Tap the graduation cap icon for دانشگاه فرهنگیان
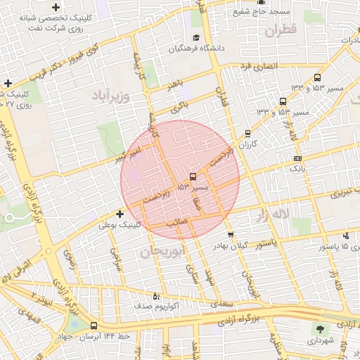coord(195,38)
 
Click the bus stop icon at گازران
coord(247,133)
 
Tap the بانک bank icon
coord(297,158)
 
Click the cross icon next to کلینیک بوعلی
coord(120,214)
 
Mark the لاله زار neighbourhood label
coord(271,213)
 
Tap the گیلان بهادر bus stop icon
coord(231,234)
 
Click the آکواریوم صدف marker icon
coord(156,296)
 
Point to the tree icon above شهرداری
coord(321,329)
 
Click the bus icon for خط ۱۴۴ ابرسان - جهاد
coord(94,326)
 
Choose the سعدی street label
coord(225,304)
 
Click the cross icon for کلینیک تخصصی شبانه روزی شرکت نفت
coord(56,7)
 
